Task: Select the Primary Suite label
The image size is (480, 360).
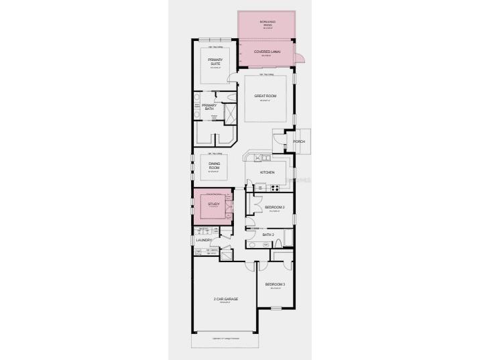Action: [215, 61]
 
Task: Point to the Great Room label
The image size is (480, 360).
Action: [265, 96]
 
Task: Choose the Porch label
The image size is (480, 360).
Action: [299, 142]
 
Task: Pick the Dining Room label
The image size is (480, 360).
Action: [215, 166]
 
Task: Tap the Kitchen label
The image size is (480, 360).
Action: [267, 172]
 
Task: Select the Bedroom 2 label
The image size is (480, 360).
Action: [275, 207]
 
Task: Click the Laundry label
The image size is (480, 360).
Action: [204, 239]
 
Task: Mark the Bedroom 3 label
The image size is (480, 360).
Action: [275, 285]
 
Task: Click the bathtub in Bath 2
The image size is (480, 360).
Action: [289, 237]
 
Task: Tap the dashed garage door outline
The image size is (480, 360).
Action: [225, 341]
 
